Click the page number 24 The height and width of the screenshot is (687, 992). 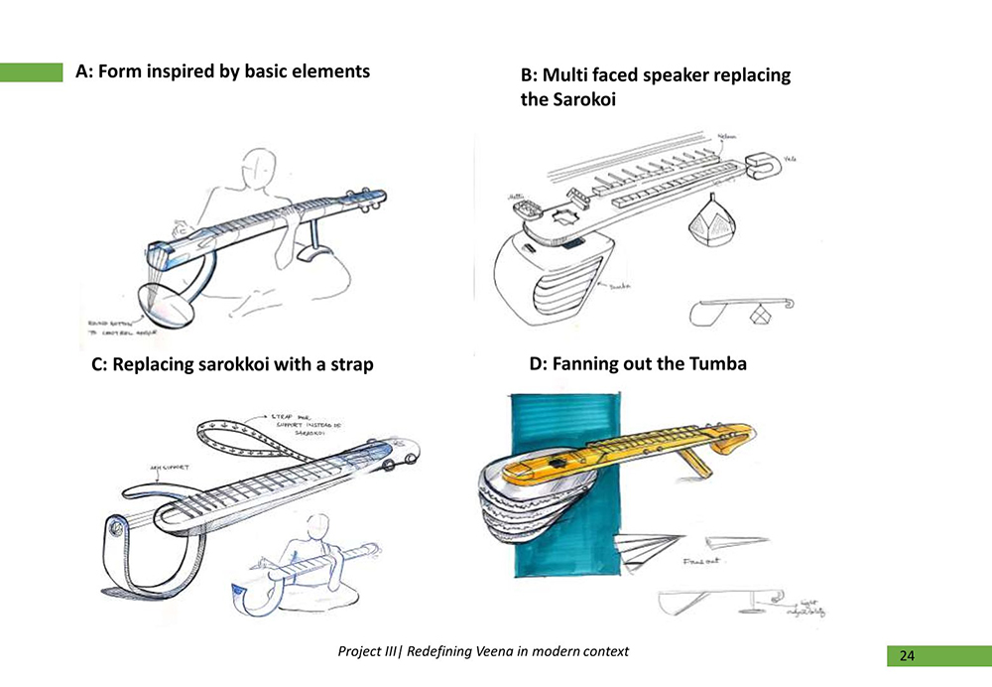coord(907,655)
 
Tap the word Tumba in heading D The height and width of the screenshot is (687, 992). coord(716,364)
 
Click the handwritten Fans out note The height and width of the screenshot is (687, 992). coord(700,562)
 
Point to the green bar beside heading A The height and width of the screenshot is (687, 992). coord(32,71)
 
